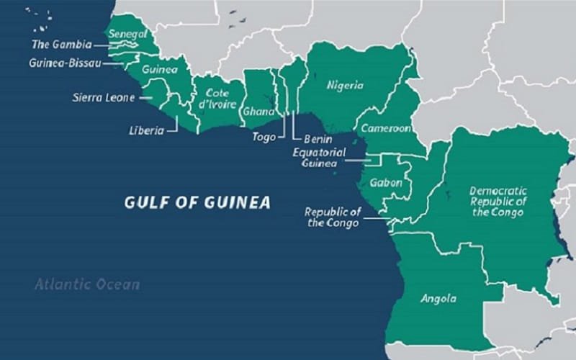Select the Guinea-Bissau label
65,63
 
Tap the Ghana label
258,112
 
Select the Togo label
264,137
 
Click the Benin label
318,138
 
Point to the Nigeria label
345,86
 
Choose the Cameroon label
386,128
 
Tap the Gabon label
385,183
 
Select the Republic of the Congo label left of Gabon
333,217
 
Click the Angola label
438,298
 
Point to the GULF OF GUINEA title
197,202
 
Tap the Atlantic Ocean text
87,284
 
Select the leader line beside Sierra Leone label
144,97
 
